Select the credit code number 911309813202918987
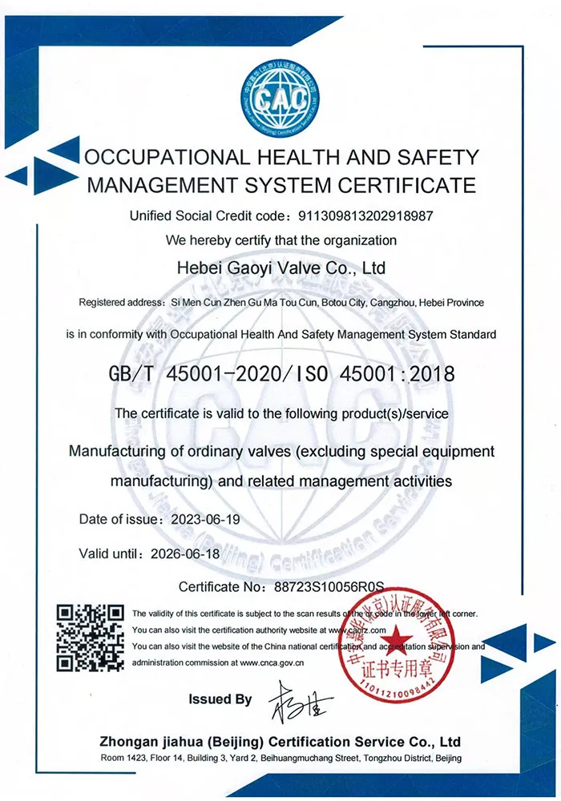(x=365, y=215)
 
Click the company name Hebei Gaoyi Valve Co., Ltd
(x=280, y=267)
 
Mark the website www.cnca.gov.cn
(x=270, y=662)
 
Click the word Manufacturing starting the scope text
(x=123, y=451)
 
